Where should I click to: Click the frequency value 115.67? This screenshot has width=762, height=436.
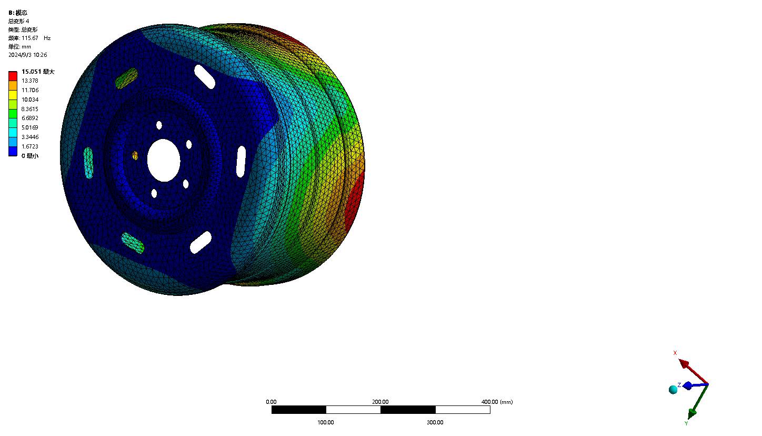pos(30,38)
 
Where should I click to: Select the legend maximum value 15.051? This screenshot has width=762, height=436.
pos(31,72)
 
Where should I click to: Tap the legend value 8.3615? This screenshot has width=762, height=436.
pos(30,109)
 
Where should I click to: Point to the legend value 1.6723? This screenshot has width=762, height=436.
pos(30,146)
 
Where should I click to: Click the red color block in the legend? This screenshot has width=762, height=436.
pos(13,76)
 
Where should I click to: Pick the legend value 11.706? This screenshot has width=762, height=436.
pos(30,90)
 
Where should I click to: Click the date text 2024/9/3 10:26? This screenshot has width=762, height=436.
pos(28,55)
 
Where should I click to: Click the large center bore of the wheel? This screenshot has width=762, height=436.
pos(164,160)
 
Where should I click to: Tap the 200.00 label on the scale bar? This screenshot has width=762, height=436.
pos(380,402)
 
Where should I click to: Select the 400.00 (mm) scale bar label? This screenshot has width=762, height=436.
pos(497,402)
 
